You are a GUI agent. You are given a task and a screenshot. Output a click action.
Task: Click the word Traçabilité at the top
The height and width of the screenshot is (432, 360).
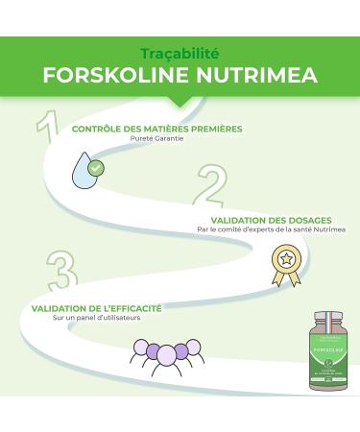180,53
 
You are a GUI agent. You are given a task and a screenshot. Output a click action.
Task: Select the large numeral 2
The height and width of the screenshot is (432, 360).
212,188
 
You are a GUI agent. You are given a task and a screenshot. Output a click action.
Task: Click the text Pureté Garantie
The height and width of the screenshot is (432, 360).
156,138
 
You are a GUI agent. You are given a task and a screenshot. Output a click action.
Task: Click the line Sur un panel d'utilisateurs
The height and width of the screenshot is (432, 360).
91,317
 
